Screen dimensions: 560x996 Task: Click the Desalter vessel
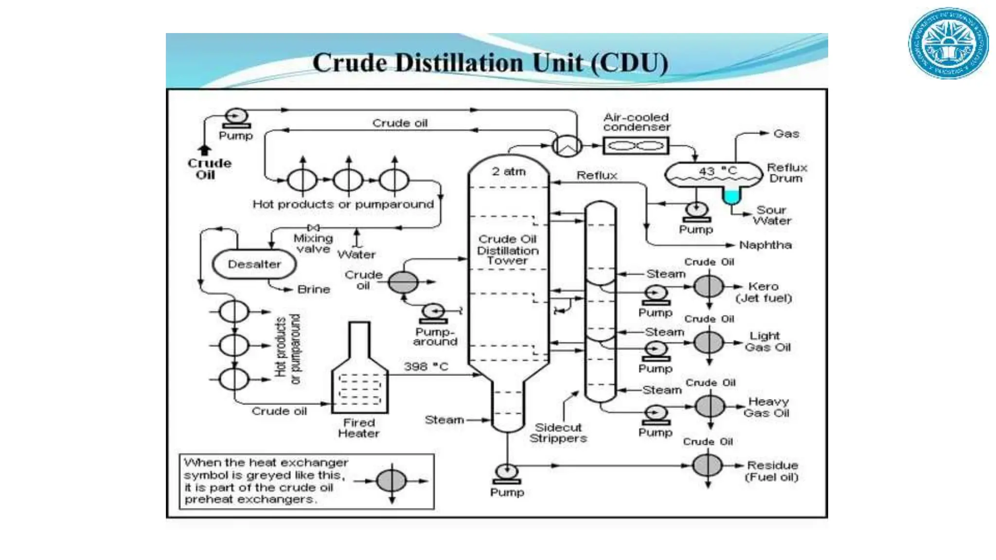click(254, 264)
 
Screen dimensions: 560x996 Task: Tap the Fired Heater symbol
click(359, 374)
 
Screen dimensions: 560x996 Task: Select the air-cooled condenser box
click(636, 145)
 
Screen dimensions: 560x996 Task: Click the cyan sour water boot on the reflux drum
click(731, 196)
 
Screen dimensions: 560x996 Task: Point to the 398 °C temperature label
click(426, 367)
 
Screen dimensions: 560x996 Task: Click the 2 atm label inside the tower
click(508, 172)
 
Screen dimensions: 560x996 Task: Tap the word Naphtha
click(765, 245)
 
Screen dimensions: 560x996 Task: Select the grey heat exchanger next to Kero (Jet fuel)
click(709, 286)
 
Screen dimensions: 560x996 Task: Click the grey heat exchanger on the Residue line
click(707, 465)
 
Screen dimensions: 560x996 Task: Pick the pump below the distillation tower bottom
click(507, 472)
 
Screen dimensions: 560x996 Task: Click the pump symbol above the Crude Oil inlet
click(236, 117)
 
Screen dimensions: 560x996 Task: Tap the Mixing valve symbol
click(314, 227)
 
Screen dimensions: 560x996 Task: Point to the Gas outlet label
click(786, 134)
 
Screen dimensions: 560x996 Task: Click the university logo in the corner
click(948, 44)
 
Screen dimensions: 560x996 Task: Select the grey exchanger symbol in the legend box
click(391, 481)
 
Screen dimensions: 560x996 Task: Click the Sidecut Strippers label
click(558, 433)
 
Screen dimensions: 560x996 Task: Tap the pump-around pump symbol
click(433, 312)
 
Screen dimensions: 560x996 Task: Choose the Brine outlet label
click(314, 290)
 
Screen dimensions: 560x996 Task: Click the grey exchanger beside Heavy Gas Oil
click(710, 406)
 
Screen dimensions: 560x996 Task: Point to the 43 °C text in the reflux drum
click(718, 171)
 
